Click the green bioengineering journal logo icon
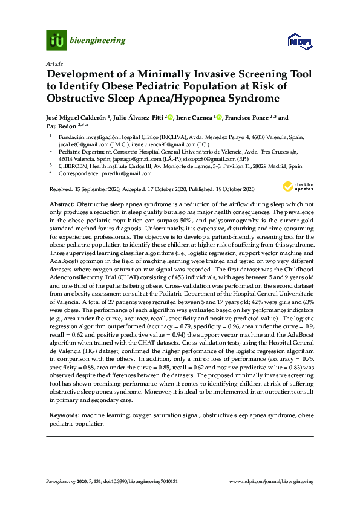(56, 41)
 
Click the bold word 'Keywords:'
(64, 417)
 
